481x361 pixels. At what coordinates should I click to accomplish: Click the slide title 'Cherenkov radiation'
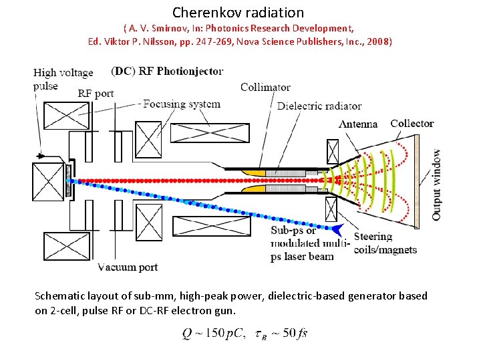point(238,12)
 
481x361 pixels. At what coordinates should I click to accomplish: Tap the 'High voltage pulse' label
point(63,78)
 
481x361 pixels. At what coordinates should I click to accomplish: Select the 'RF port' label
point(96,94)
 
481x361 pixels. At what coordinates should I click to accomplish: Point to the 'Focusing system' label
point(182,104)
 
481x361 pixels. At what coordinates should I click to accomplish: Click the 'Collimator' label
point(265,87)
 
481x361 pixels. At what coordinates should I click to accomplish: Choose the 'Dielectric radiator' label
point(319,106)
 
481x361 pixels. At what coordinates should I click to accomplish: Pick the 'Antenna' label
point(358,124)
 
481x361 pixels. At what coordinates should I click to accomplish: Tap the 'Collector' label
point(412,123)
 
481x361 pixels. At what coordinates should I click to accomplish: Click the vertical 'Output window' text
point(437,184)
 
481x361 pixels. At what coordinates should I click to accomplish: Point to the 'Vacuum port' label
point(127,267)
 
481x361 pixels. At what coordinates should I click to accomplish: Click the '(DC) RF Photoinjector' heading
point(167,72)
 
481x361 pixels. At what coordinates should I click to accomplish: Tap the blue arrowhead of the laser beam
point(340,231)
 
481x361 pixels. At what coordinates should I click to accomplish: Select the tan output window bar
point(419,180)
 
